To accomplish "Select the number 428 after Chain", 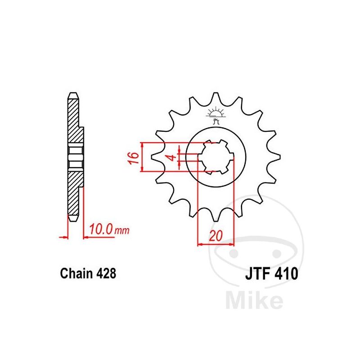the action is point(106,274).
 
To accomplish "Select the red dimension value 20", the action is point(216,235).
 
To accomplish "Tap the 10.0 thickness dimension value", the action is point(101,229).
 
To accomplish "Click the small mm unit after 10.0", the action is point(122,230).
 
